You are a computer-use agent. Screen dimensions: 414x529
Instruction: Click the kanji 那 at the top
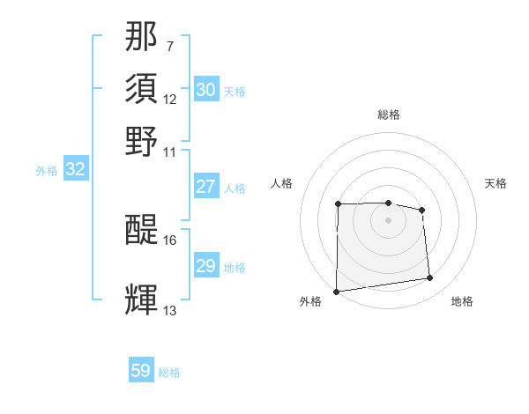[142, 39]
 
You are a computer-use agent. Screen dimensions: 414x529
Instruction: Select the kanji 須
[142, 90]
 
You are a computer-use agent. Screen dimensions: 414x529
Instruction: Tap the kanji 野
[142, 141]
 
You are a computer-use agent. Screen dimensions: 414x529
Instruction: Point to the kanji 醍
[142, 231]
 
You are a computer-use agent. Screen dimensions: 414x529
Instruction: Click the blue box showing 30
[205, 90]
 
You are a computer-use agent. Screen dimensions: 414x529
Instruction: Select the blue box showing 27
[205, 186]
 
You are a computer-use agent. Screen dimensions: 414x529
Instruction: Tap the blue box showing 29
[205, 266]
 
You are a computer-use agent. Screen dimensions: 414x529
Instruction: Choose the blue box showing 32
[75, 170]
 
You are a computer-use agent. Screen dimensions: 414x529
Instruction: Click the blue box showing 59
[141, 371]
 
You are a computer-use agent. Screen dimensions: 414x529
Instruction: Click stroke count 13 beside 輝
[170, 310]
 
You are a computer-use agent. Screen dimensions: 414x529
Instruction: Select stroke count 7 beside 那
[169, 45]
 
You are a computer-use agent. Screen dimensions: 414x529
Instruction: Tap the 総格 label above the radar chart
[388, 115]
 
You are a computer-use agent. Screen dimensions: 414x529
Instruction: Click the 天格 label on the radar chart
[495, 183]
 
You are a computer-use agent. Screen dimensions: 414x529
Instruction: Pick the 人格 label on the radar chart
[281, 183]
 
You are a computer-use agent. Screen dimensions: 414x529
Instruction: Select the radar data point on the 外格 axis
[336, 292]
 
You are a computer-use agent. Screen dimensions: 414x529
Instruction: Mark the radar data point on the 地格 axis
[430, 278]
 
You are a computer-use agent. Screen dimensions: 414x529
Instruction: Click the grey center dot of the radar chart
[388, 219]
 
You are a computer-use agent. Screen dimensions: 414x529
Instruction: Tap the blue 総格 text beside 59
[169, 373]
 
